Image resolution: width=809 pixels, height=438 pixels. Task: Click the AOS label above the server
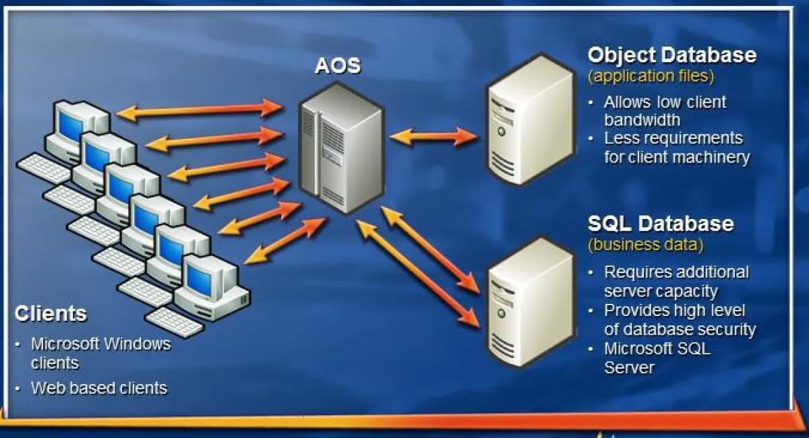point(338,66)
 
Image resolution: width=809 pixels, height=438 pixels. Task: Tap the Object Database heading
point(671,55)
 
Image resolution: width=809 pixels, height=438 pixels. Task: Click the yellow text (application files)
point(651,76)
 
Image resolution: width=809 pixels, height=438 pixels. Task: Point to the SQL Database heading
point(661,224)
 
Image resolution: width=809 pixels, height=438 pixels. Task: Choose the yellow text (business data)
point(645,245)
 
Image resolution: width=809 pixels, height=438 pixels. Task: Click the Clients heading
point(51,314)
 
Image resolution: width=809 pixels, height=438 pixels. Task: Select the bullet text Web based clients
point(99,388)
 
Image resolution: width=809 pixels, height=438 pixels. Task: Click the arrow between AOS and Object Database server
point(435,137)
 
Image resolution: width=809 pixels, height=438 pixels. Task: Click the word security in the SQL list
point(725,330)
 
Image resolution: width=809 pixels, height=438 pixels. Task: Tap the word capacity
point(688,292)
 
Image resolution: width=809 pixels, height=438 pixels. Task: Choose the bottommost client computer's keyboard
point(175,322)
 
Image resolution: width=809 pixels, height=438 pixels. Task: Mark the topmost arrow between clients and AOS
point(200,111)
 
